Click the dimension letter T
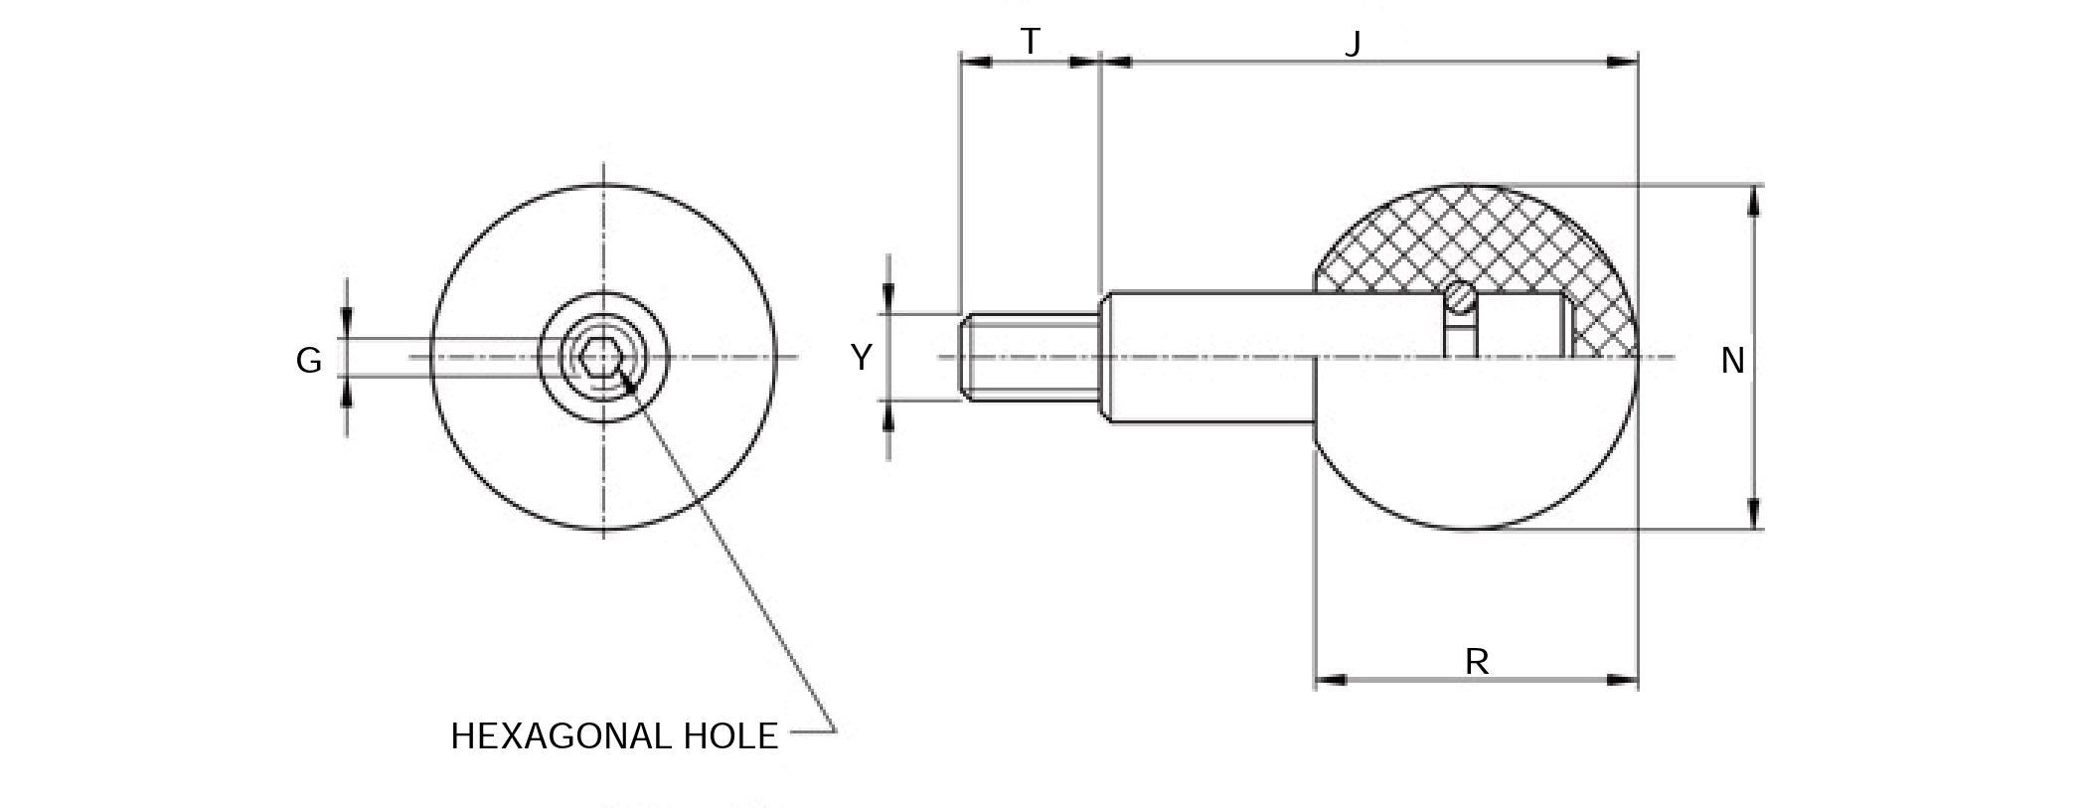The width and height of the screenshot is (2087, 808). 1030,42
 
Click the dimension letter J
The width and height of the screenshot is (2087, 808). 1352,45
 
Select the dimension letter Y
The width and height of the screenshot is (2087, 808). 861,357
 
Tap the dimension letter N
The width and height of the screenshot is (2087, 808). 1732,361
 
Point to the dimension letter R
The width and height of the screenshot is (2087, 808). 1476,661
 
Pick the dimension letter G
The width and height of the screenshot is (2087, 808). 308,361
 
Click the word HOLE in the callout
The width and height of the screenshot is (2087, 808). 730,736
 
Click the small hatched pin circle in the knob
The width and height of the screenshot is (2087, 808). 1460,296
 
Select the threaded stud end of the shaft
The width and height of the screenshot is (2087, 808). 1029,357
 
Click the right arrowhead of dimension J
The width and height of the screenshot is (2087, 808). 1623,62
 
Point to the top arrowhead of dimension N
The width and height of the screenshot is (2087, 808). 1754,200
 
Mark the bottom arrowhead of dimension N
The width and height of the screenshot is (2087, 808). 1754,514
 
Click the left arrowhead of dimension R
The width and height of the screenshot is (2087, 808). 1331,680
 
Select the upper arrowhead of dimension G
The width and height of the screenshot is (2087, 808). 347,323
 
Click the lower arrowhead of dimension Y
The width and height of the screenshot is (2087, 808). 888,417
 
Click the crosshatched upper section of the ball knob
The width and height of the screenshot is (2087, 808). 1471,239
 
